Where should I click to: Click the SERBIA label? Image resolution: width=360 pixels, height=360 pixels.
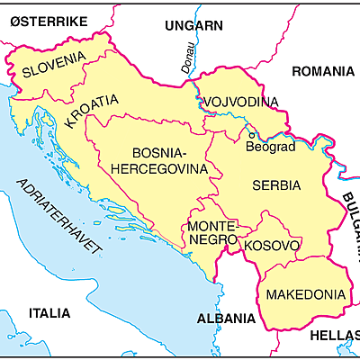coord(276,185)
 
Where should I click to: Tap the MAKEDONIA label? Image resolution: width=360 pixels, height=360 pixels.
coord(301,294)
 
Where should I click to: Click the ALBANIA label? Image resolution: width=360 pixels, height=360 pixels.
coord(226,319)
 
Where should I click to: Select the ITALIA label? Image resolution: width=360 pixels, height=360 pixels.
coord(49,313)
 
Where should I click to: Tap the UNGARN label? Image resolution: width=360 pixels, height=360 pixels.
coord(193,25)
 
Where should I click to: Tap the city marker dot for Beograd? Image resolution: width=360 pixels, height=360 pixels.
coord(251,133)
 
